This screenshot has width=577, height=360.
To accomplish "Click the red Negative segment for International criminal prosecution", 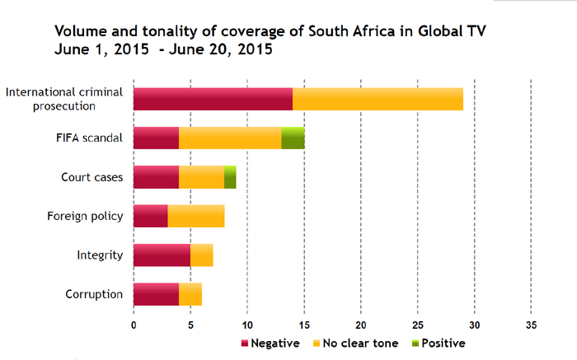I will click(x=213, y=98).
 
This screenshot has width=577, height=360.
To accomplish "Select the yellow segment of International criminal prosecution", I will click(x=378, y=98).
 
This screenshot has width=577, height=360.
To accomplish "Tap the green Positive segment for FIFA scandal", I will click(x=293, y=138).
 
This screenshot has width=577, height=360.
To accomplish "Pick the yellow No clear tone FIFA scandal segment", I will click(x=230, y=138).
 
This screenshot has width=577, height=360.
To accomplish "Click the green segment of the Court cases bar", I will click(x=230, y=177).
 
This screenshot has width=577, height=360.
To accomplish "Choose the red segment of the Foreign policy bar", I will click(x=150, y=216).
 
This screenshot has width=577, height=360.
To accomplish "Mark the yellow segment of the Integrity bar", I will click(x=202, y=255).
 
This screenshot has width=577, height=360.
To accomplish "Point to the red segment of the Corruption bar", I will click(x=156, y=294).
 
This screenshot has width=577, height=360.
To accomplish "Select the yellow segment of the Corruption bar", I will click(x=190, y=294).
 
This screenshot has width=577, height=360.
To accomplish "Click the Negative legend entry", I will click(x=270, y=343).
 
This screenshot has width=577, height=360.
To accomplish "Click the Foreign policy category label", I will click(x=85, y=217).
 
